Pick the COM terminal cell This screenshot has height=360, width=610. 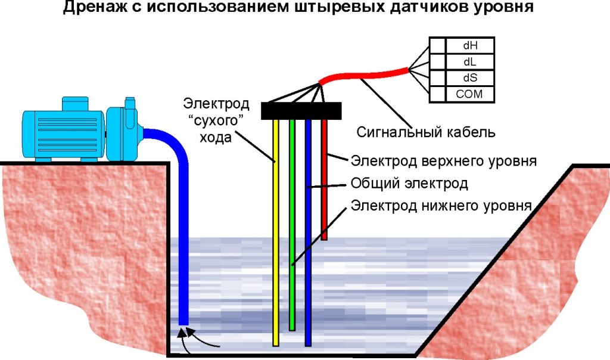[469, 94]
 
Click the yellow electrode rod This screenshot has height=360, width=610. [276, 238]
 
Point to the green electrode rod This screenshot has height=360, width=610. [292, 226]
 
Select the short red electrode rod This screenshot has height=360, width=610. [324, 179]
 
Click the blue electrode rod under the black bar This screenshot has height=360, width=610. [308, 238]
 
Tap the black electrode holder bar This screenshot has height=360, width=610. [301, 110]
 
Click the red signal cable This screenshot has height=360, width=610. [363, 75]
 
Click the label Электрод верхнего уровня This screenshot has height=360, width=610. [444, 161]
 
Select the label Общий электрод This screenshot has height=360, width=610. [409, 184]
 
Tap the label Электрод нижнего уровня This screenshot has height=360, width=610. [440, 206]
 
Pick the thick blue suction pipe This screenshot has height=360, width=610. [183, 238]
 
